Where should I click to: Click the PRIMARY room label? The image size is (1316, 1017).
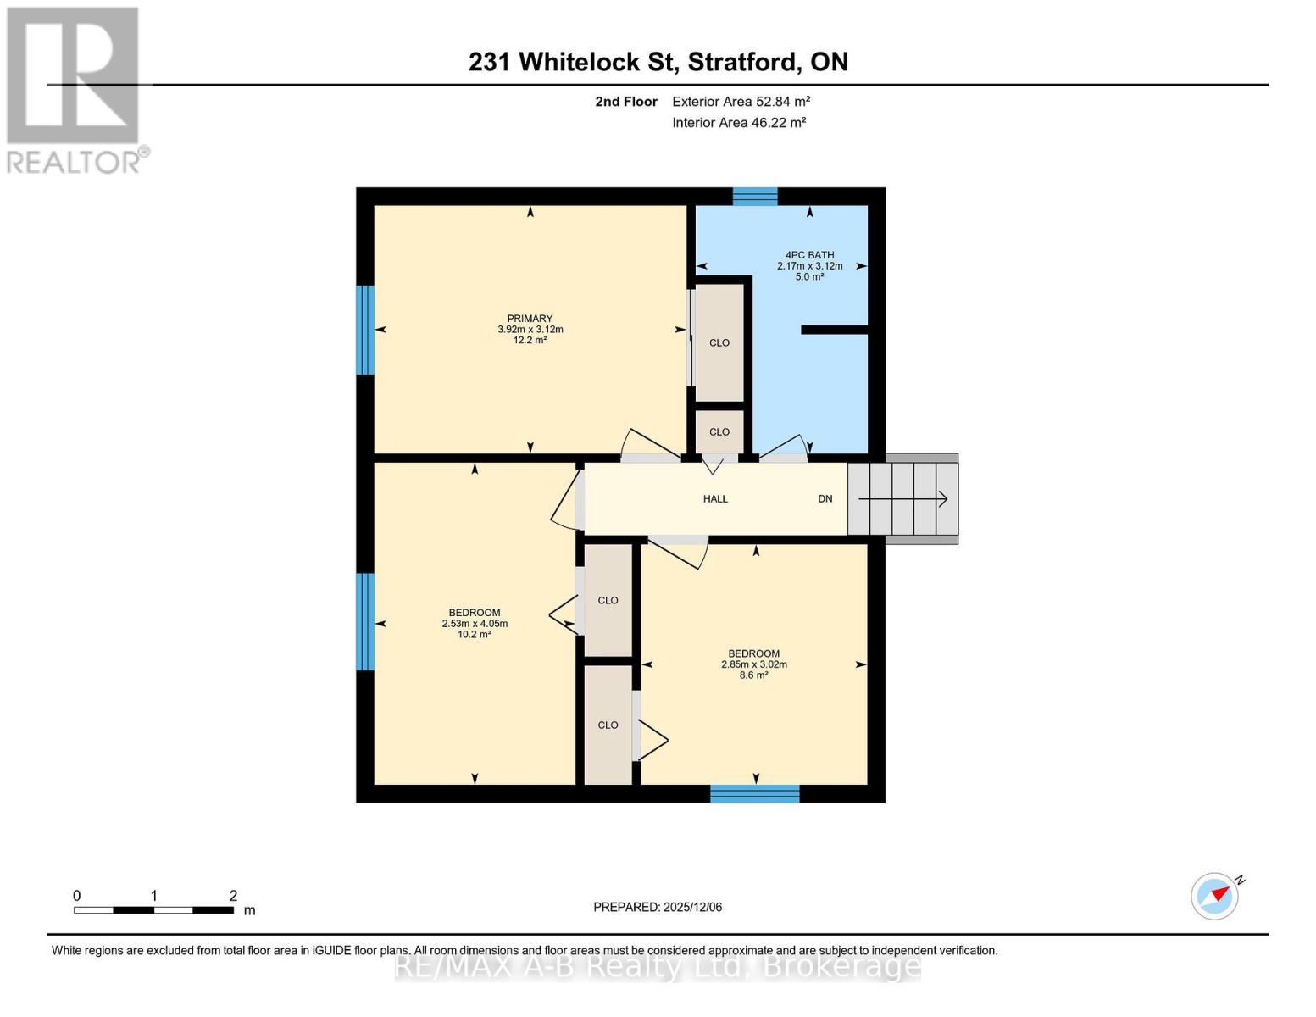click(530, 319)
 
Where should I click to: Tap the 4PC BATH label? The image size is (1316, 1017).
click(809, 254)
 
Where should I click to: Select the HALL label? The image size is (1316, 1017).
click(715, 499)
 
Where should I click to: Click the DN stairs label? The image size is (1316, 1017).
click(825, 499)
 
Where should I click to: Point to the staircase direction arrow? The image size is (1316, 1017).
click(903, 499)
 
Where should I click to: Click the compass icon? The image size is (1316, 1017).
click(1215, 896)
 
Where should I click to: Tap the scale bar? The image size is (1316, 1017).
click(153, 910)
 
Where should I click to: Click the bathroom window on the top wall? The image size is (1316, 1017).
click(754, 197)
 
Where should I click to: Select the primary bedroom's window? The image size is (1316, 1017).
click(365, 330)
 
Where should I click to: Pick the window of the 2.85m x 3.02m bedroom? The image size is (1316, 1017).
click(754, 794)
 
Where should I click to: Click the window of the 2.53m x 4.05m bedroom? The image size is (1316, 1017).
click(365, 621)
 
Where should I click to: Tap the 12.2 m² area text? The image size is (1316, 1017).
click(530, 340)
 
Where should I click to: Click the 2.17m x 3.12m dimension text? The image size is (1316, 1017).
click(809, 265)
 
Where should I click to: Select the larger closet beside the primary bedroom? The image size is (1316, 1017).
click(719, 342)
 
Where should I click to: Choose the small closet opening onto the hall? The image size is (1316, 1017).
click(719, 431)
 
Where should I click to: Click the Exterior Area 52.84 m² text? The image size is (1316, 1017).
click(741, 102)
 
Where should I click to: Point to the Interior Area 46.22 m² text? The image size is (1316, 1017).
click(738, 123)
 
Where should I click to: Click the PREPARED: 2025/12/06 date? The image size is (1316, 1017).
click(658, 907)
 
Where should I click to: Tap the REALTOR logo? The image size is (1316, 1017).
click(74, 89)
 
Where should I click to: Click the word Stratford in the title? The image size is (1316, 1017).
click(742, 62)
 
